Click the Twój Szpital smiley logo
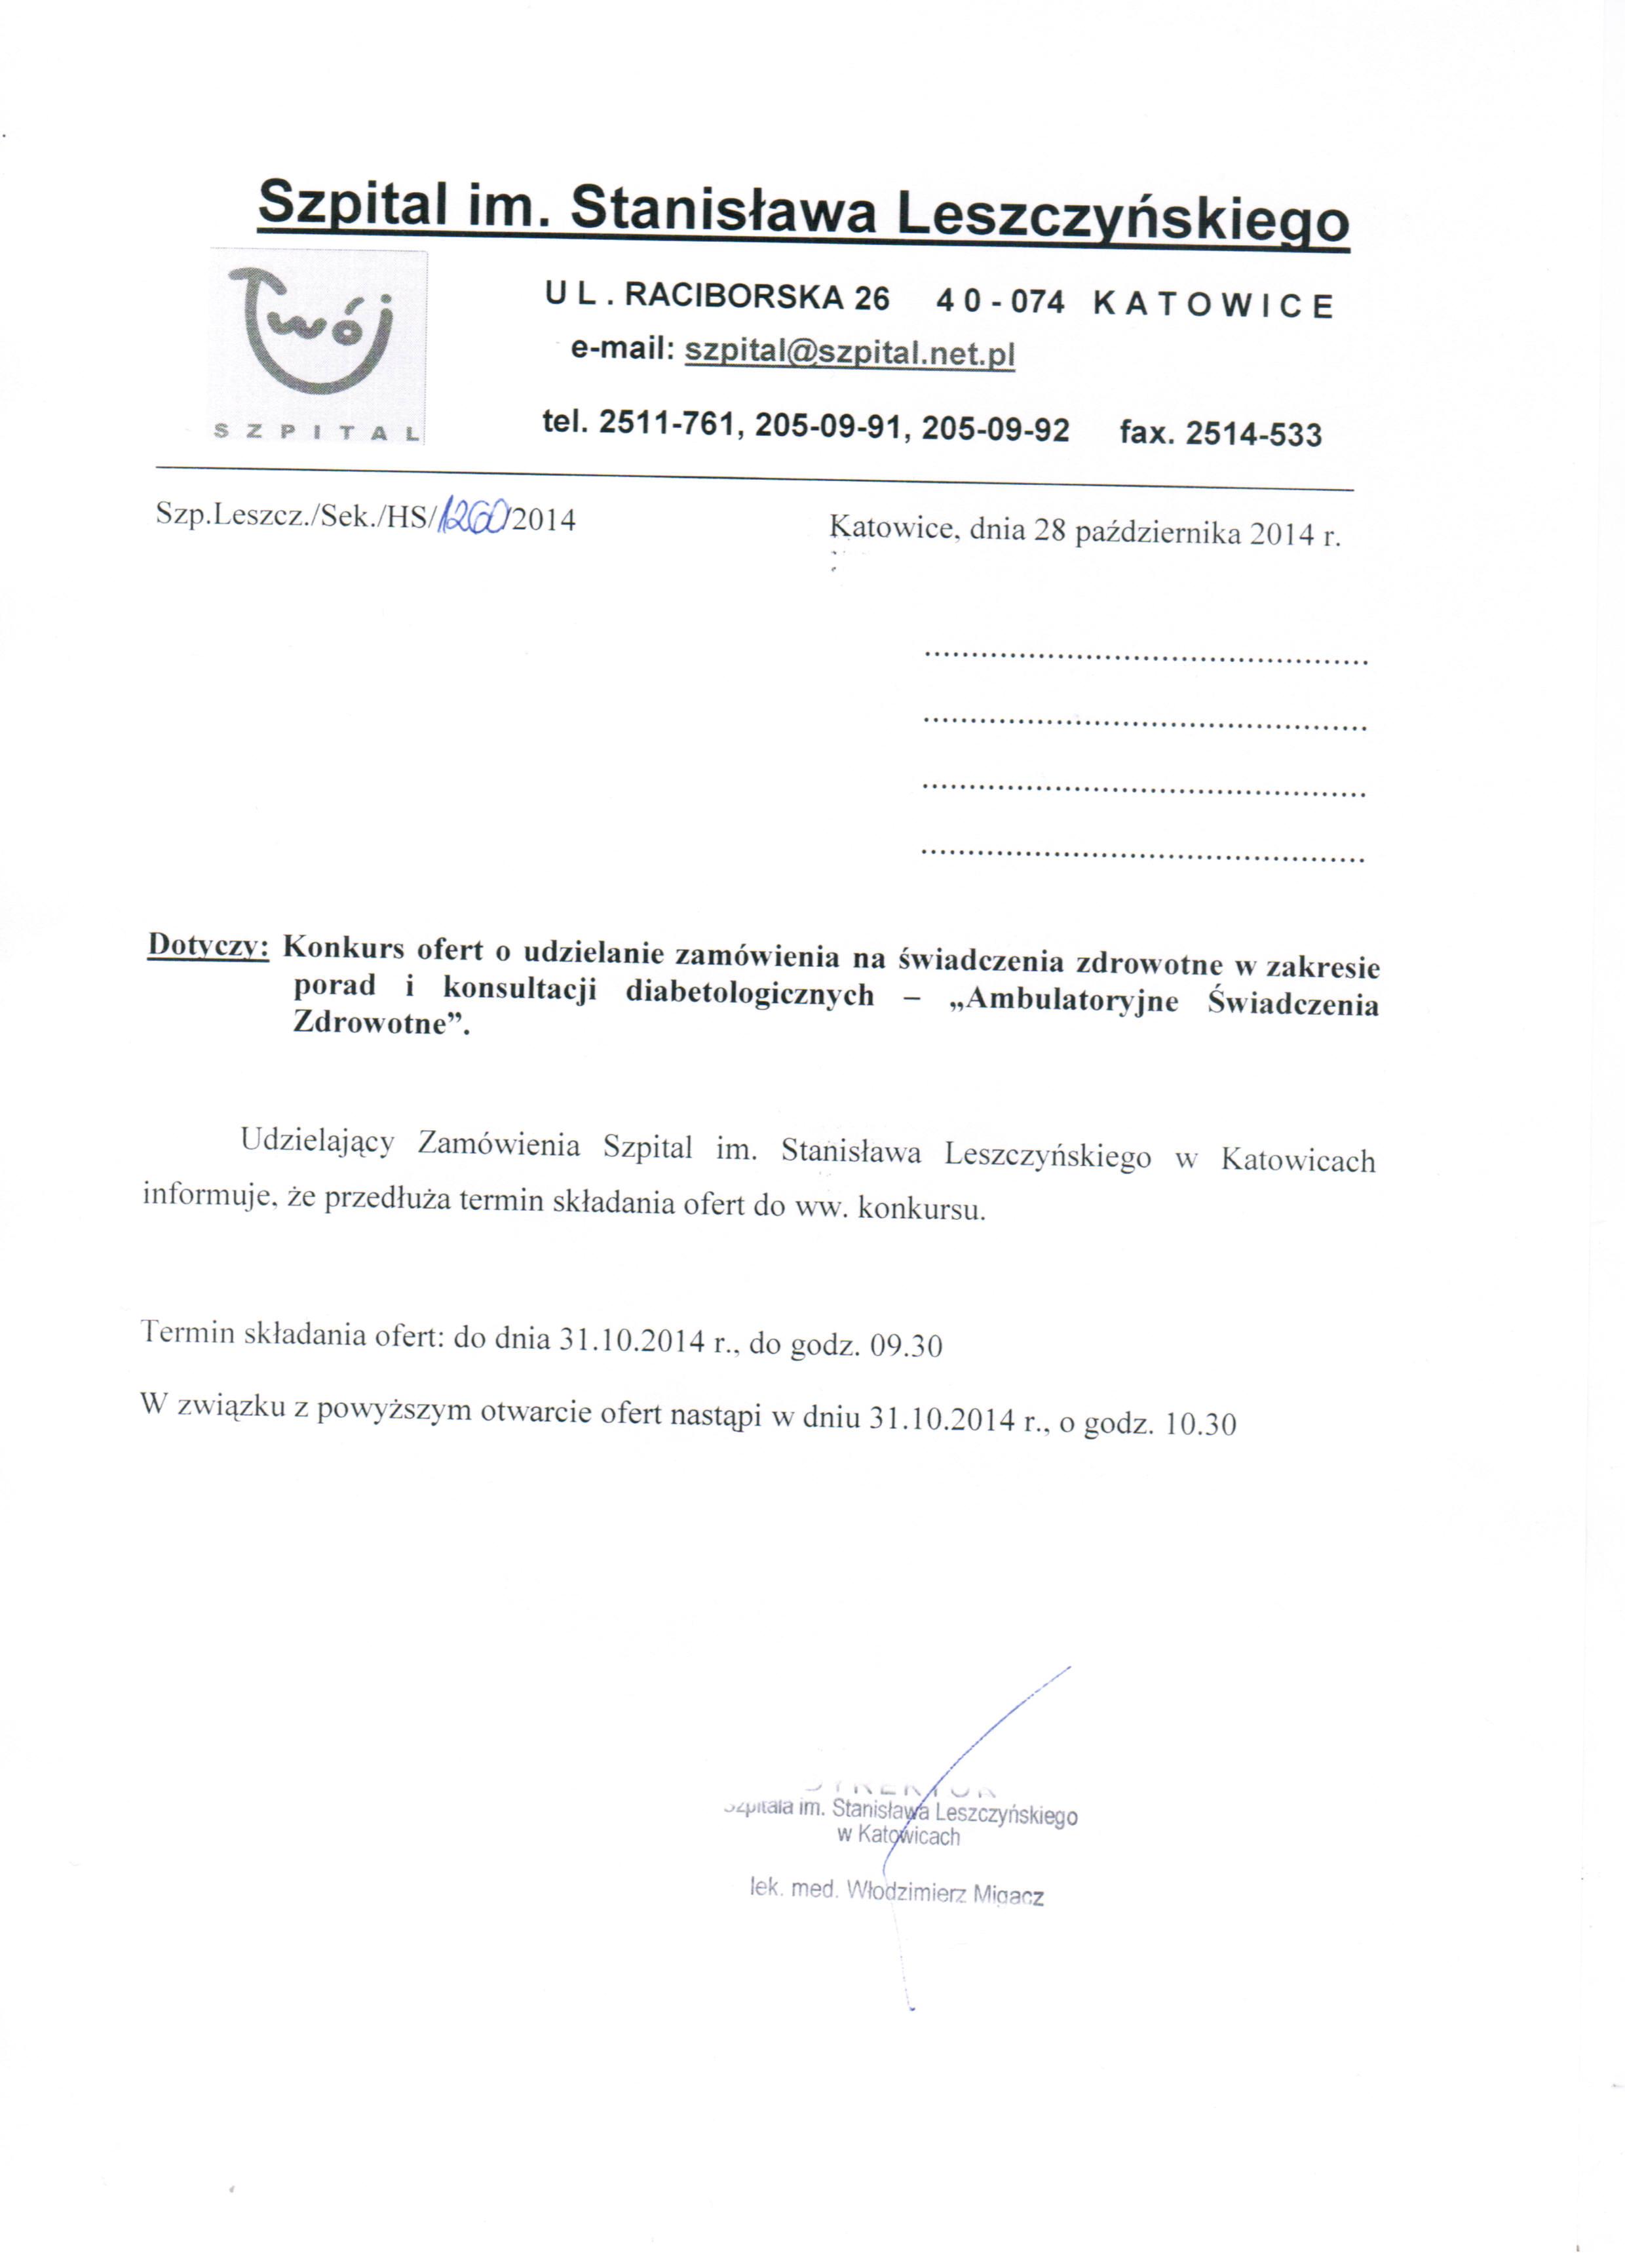tap(316, 338)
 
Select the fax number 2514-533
tap(1253, 434)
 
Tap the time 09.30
tap(906, 1346)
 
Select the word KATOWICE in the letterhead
tap(1213, 304)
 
